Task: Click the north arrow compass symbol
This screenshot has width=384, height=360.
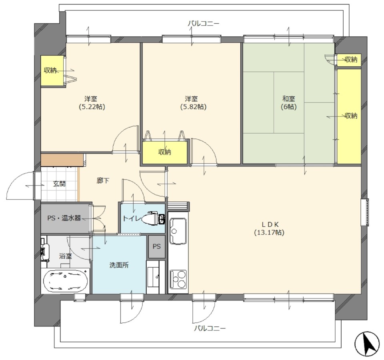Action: [x=368, y=344]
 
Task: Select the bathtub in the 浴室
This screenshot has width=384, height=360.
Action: [x=65, y=281]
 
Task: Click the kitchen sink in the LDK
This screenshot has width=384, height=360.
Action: [x=178, y=231]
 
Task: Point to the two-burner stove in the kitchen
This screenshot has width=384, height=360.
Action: [x=178, y=279]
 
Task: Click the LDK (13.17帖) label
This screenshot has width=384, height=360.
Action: [x=269, y=228]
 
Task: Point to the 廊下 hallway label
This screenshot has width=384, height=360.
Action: [x=103, y=181]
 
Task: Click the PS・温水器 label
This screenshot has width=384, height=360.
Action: [x=64, y=218]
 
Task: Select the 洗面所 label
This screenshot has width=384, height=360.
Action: [x=119, y=265]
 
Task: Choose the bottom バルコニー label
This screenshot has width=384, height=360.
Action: [x=210, y=328]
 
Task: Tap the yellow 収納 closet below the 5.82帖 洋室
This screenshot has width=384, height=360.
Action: [x=165, y=152]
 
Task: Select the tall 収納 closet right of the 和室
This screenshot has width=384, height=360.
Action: [x=349, y=116]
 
